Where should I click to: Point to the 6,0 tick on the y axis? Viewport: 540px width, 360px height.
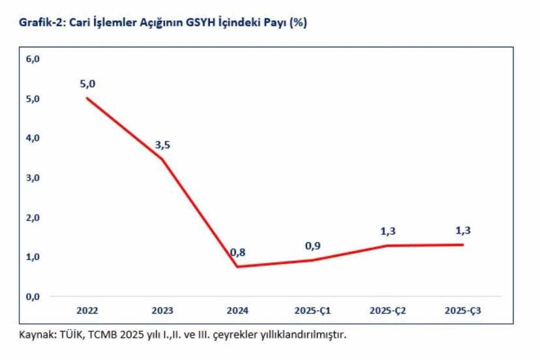coord(33,59)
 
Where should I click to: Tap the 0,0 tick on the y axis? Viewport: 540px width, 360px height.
coord(33,297)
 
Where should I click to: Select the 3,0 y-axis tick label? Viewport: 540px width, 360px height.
coord(33,178)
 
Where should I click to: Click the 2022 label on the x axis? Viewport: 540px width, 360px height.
coord(87,310)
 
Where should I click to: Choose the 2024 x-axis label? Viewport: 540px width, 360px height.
coord(237,310)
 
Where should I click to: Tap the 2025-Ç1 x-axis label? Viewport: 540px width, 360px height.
coord(312,310)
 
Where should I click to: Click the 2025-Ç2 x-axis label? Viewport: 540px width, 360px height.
coord(387,310)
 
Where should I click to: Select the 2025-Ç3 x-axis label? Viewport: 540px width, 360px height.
coord(463,310)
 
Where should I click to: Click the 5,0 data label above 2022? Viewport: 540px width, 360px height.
coord(87,84)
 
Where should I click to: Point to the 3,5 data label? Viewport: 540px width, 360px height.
coord(162,145)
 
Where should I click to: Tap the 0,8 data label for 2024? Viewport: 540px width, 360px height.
coord(237,253)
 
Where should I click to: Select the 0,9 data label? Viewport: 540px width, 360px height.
coord(312,246)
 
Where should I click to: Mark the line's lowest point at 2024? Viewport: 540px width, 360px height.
coord(237,266)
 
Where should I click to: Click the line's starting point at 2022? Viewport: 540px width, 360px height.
coord(87,98)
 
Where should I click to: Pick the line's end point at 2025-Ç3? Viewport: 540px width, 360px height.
coord(463,245)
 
